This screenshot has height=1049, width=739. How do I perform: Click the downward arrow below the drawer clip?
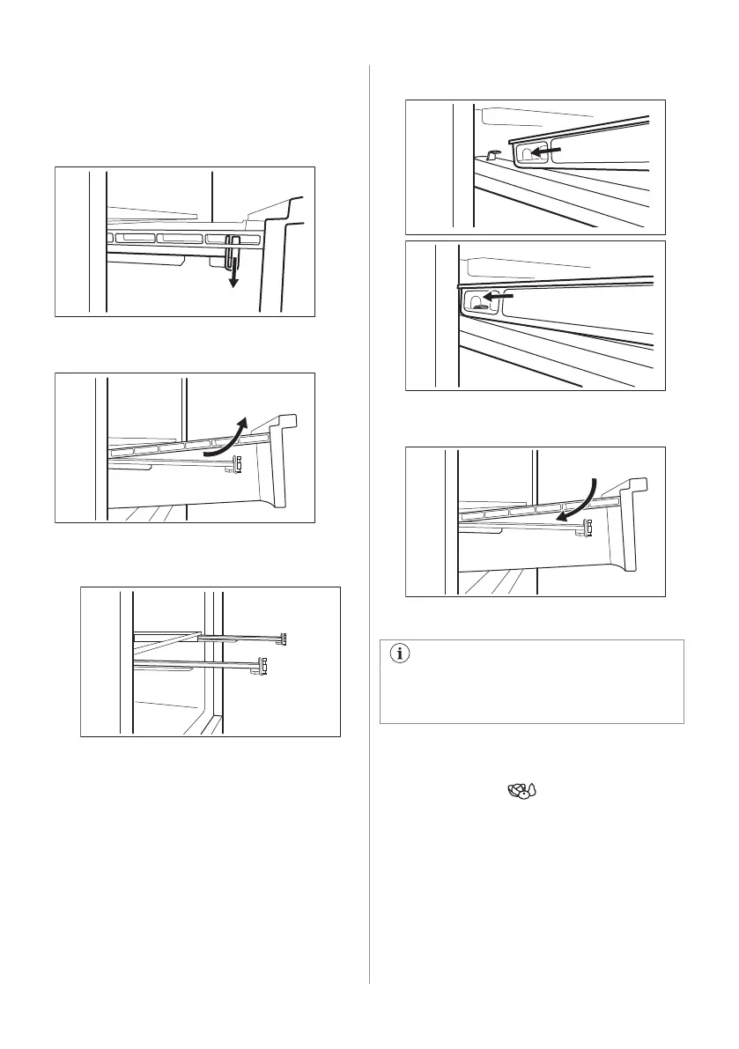233,279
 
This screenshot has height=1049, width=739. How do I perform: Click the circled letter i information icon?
403,654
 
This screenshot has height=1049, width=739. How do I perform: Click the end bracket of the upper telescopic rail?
285,637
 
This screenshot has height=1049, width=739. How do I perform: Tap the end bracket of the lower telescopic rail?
263,666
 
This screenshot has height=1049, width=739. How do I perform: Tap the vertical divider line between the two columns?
370,528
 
